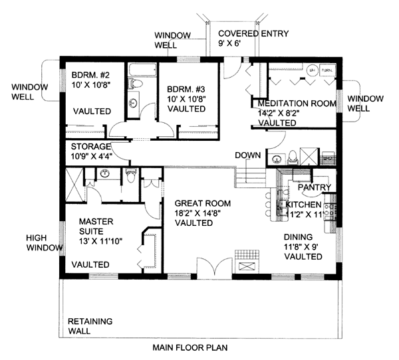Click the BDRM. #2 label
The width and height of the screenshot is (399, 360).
click(91, 75)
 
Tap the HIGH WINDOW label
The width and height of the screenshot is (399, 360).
click(45, 242)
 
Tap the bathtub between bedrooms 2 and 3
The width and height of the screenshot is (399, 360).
click(140, 70)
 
